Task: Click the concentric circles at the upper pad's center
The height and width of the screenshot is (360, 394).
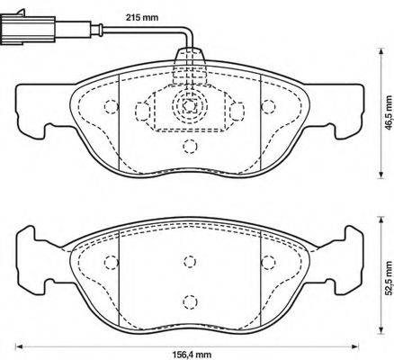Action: pyautogui.click(x=187, y=105)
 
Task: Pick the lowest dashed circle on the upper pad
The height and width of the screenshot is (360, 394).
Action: pyautogui.click(x=188, y=148)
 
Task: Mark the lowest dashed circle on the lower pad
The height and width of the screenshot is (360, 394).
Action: pyautogui.click(x=188, y=302)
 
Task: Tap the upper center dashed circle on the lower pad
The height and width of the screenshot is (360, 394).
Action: pyautogui.click(x=188, y=261)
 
